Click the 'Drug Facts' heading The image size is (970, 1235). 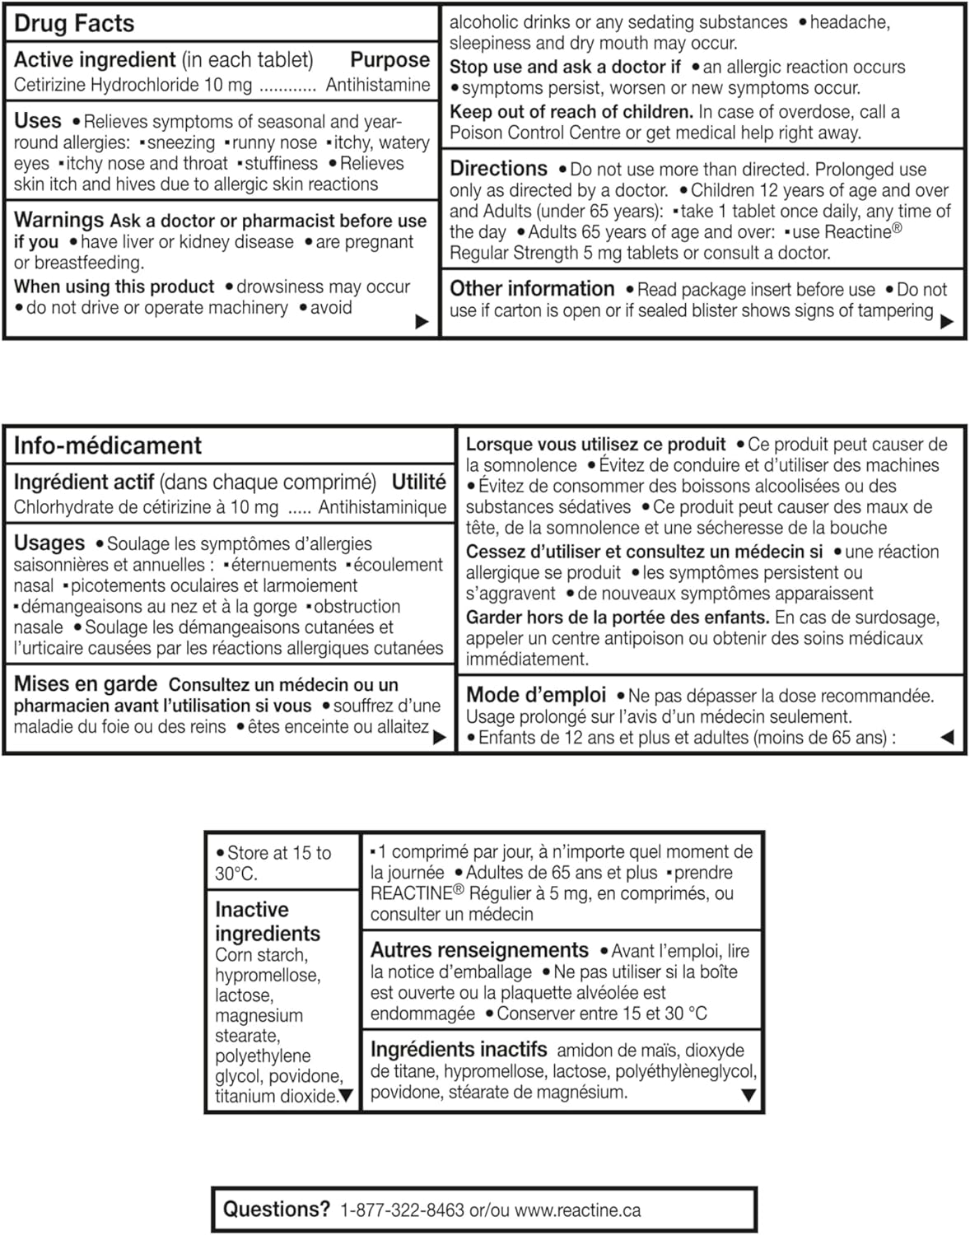pyautogui.click(x=74, y=23)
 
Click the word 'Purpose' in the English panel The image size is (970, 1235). pyautogui.click(x=389, y=59)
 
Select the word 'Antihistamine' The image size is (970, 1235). pyautogui.click(x=377, y=85)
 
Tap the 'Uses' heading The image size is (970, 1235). pyautogui.click(x=38, y=121)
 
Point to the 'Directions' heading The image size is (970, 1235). pyautogui.click(x=498, y=169)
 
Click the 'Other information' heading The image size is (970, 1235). pyautogui.click(x=532, y=289)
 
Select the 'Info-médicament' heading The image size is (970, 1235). pyautogui.click(x=108, y=445)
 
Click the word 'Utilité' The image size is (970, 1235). pyautogui.click(x=418, y=482)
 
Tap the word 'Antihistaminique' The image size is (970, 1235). pyautogui.click(x=382, y=507)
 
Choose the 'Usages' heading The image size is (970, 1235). pyautogui.click(x=49, y=543)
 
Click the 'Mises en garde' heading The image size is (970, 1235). pyautogui.click(x=86, y=684)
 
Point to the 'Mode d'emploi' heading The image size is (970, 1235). pyautogui.click(x=536, y=695)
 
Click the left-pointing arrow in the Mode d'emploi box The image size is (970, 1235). pyautogui.click(x=947, y=737)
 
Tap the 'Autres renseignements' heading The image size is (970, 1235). pyautogui.click(x=479, y=950)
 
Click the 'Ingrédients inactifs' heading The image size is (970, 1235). pyautogui.click(x=459, y=1050)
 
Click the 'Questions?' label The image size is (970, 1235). pyautogui.click(x=277, y=1209)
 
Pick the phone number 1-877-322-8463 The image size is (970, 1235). pyautogui.click(x=402, y=1210)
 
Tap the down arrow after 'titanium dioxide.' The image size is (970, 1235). pyautogui.click(x=346, y=1096)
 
